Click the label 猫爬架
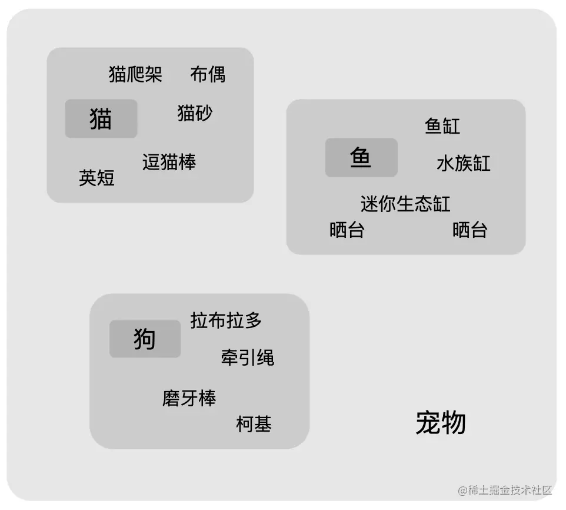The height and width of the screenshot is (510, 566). click(135, 74)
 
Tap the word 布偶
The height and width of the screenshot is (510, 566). click(208, 74)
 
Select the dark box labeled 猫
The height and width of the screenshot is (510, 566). click(101, 118)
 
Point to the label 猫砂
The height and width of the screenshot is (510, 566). click(195, 113)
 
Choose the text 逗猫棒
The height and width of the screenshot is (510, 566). click(169, 162)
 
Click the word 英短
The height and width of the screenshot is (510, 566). click(96, 178)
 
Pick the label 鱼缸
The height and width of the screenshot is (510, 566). click(442, 126)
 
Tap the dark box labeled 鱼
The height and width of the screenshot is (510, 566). click(361, 157)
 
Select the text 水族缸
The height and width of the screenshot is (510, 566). click(464, 163)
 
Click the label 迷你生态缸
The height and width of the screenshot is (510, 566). click(405, 204)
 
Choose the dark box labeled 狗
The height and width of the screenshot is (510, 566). click(145, 339)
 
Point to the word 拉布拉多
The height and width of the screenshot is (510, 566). click(226, 320)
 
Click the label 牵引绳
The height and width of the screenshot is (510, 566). click(248, 357)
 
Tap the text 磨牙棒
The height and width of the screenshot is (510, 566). click(189, 398)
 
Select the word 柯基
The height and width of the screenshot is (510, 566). click(254, 424)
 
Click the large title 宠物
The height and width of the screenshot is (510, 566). click(441, 423)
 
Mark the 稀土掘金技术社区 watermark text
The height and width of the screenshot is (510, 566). click(510, 490)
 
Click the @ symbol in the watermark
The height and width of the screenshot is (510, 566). click(463, 491)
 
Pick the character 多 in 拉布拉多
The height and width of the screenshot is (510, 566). click(253, 320)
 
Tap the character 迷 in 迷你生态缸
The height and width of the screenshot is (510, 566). click(369, 204)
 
